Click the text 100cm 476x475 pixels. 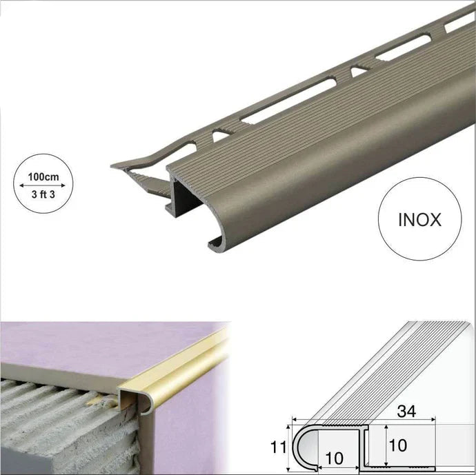(43, 176)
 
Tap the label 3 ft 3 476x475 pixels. (43, 194)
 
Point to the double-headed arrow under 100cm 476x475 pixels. (42, 185)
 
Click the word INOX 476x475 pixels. (419, 220)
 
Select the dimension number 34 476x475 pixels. (406, 412)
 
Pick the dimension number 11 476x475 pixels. (279, 447)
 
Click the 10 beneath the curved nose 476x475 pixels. (334, 458)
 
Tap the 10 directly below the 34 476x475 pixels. (397, 445)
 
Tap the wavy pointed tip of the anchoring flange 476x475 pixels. (117, 166)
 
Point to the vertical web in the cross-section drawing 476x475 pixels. (366, 446)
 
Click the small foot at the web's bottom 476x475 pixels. (168, 208)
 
